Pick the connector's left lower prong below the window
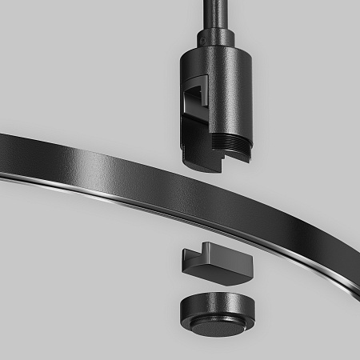(192, 144)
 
